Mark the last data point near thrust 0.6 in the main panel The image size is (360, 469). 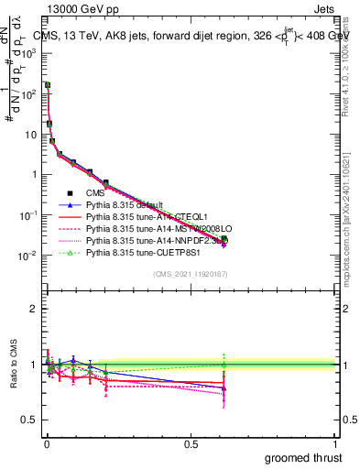224,240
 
